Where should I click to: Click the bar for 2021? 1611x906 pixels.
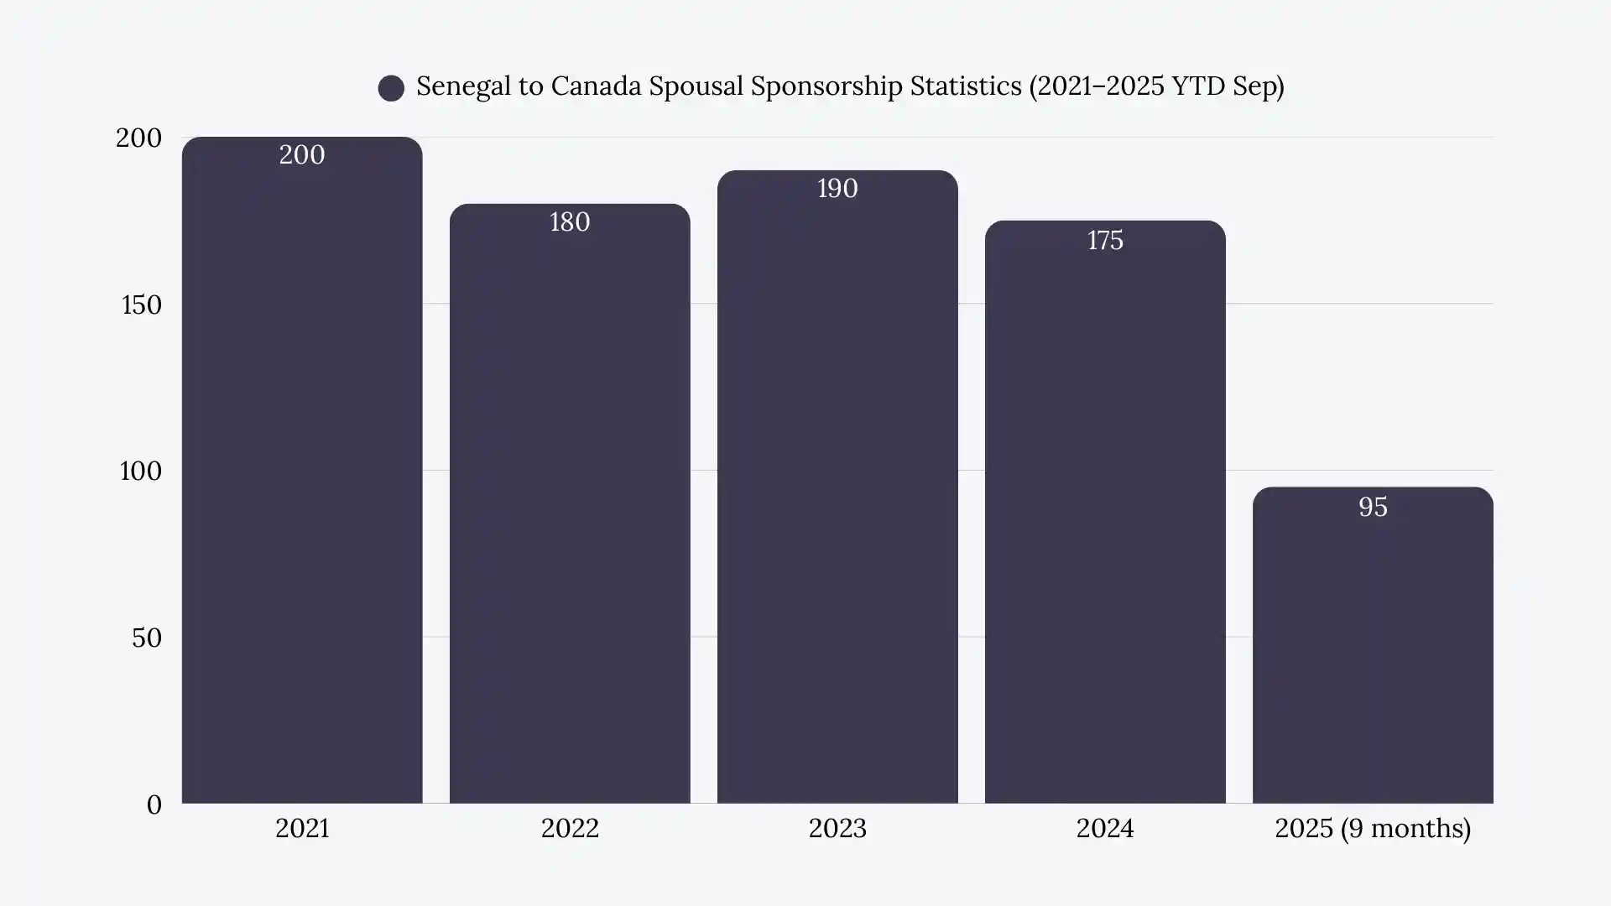tap(302, 470)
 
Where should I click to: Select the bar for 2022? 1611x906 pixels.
tap(570, 503)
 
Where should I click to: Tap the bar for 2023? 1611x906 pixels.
tap(837, 487)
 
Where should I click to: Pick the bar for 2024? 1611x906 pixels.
tap(1105, 512)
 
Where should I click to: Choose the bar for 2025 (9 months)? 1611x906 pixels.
tap(1373, 646)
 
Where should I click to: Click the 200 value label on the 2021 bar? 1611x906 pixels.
tap(302, 155)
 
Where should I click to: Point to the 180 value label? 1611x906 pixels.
tap(570, 222)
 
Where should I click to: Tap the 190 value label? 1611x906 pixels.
tap(837, 189)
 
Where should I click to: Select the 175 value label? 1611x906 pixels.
tap(1105, 241)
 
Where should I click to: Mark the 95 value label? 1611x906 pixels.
tap(1373, 508)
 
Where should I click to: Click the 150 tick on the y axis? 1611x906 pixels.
tap(142, 305)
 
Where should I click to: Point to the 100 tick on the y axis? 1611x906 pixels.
tap(141, 471)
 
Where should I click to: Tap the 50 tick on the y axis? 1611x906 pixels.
tap(147, 638)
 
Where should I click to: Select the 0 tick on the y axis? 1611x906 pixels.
tap(154, 804)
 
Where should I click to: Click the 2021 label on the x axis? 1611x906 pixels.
tap(302, 829)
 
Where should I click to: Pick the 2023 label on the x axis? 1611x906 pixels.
tap(837, 829)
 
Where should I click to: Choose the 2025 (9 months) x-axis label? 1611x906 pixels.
tap(1373, 829)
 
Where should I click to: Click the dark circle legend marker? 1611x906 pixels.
tap(391, 88)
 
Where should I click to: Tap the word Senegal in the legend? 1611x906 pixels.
tap(463, 86)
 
